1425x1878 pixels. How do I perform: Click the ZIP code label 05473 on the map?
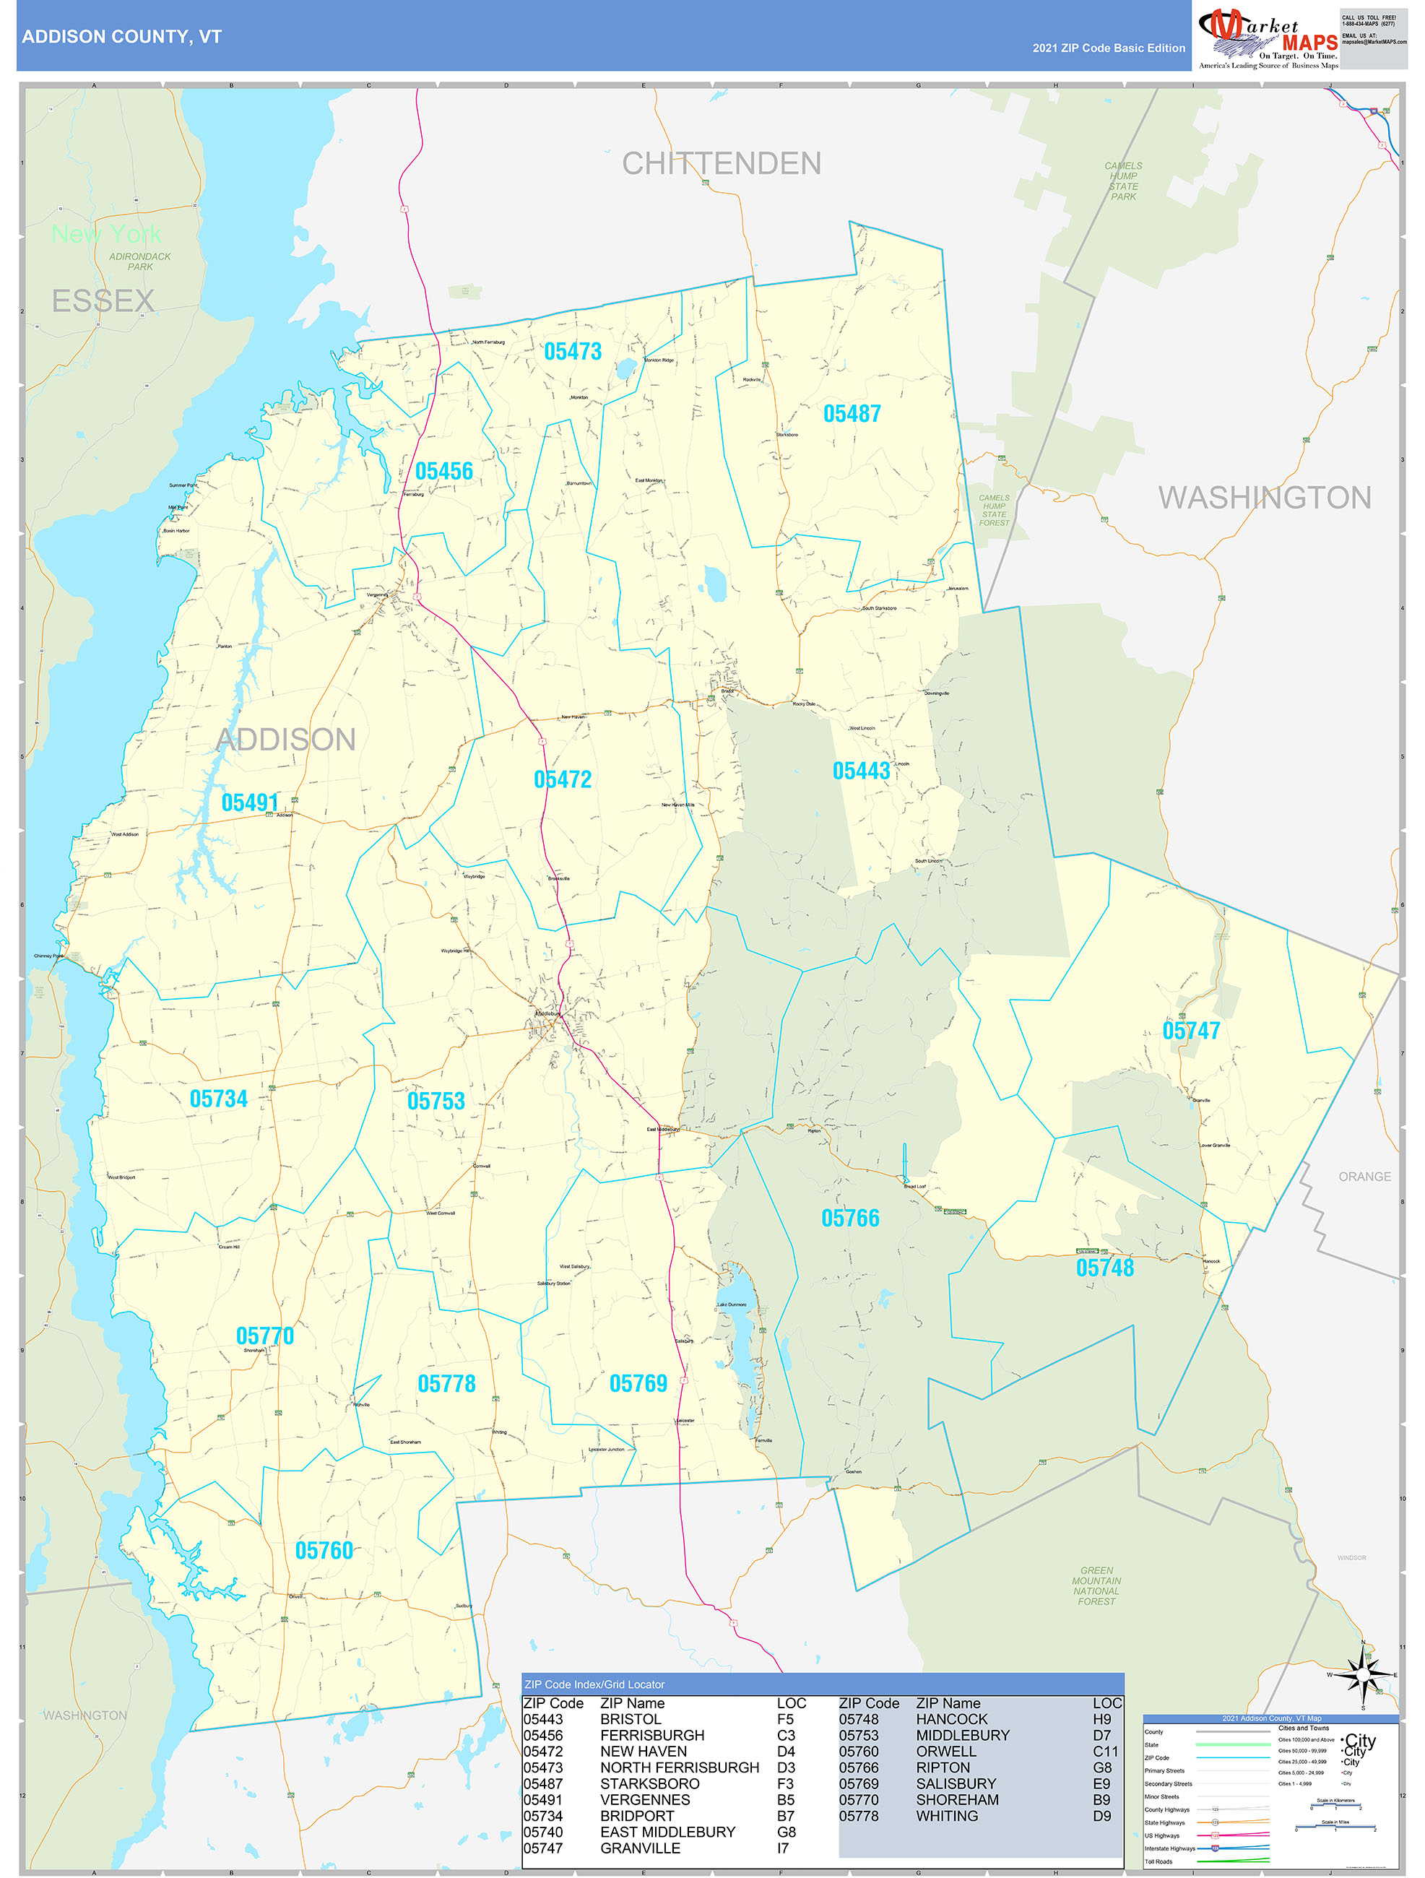point(572,352)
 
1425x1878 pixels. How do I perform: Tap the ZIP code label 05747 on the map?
point(1191,1031)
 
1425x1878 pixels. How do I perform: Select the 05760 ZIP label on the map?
point(324,1550)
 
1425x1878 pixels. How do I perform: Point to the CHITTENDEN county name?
point(722,163)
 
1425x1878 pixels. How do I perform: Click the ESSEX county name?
point(103,300)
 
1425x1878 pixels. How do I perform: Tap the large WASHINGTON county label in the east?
point(1265,498)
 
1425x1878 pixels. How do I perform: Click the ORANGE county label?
point(1364,1177)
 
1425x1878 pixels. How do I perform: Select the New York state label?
point(106,233)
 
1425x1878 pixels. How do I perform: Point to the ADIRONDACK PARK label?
point(140,261)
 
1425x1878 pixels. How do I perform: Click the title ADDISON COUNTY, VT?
point(121,37)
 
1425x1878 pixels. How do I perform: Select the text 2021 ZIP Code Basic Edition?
point(1109,48)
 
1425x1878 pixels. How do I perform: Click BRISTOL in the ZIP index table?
point(630,1719)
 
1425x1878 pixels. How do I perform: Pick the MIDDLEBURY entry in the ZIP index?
point(963,1736)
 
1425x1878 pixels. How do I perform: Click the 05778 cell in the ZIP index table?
point(858,1816)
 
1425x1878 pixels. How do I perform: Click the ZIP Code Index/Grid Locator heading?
point(594,1684)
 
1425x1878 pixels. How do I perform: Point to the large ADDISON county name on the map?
point(286,740)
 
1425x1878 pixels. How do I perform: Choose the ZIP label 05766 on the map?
point(849,1219)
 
